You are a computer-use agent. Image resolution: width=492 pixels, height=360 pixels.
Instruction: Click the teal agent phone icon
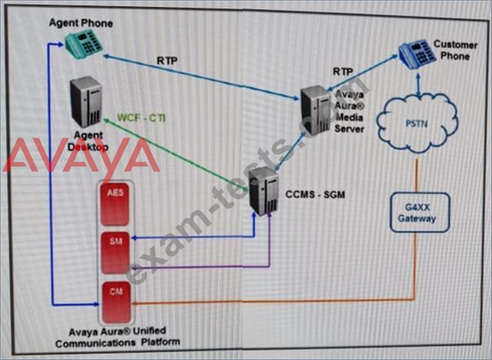coord(84,43)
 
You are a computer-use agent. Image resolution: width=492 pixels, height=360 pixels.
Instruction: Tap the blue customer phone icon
coord(418,53)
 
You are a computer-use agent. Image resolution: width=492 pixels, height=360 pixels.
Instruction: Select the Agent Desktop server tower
coord(86,101)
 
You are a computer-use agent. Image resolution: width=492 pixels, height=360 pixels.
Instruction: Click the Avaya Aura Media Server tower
coord(316,110)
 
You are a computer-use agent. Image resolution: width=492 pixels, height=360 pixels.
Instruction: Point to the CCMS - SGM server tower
coord(264,191)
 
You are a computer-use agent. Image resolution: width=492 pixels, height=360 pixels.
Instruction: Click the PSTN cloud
coord(418,123)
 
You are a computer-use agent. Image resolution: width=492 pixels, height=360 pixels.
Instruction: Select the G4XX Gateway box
coord(420,213)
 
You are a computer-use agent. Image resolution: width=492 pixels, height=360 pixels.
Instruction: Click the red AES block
coord(115,204)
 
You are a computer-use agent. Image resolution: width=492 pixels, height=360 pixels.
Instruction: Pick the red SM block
coord(115,253)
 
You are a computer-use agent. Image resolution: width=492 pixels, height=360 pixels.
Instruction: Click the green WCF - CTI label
coord(141,118)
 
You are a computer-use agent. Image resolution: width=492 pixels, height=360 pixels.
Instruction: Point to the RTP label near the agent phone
coord(167,61)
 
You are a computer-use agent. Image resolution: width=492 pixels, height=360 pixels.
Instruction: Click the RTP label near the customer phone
coord(343,72)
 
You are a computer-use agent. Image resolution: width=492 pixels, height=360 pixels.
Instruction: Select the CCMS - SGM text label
coord(315,194)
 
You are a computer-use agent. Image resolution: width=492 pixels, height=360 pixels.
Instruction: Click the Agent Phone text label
coord(81,23)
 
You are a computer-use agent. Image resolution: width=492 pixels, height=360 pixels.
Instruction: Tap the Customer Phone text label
coord(455,50)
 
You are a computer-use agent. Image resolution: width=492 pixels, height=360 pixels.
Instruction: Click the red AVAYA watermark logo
coord(81,155)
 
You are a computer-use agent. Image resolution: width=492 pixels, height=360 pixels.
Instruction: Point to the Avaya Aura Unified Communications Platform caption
coord(118,337)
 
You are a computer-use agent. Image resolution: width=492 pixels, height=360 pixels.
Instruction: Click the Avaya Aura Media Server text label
coord(349,111)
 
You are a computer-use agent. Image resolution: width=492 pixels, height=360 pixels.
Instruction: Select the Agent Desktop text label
coord(88,141)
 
